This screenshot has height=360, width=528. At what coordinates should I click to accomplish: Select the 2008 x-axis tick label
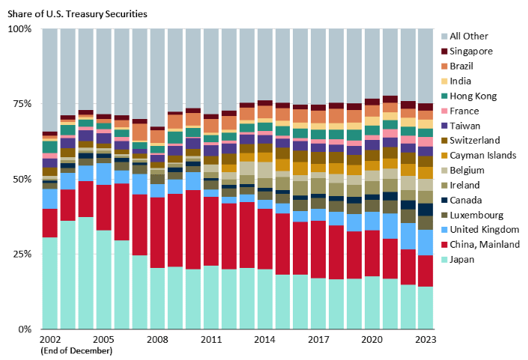pos(157,339)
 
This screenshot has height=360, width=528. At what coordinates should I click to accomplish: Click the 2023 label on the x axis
pos(425,339)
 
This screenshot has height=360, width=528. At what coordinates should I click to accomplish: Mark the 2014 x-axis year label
pos(264,339)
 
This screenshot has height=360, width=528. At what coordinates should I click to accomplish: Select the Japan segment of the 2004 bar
pos(85,273)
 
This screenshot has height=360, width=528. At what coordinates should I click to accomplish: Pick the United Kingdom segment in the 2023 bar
pos(425,242)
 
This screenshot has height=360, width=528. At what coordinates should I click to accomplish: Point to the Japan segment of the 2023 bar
pos(425,308)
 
